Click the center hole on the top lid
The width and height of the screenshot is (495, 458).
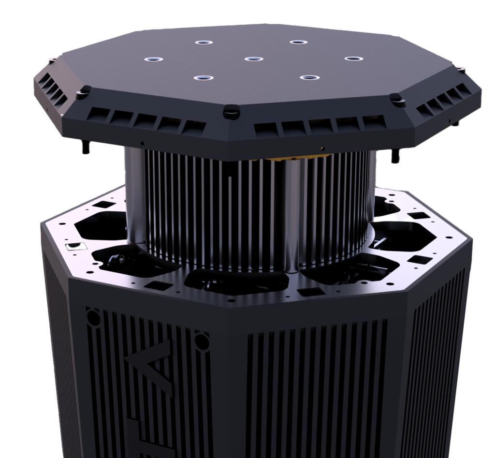(254, 59)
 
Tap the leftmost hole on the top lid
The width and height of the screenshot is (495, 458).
(153, 59)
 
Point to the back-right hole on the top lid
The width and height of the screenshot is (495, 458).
(299, 42)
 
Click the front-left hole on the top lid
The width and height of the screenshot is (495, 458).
(204, 78)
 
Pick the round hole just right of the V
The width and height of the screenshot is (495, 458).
(201, 341)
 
